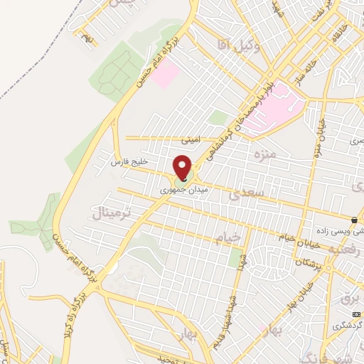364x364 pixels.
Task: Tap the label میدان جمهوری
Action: click(175, 191)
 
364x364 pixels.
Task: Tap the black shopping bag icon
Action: click(354, 219)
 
